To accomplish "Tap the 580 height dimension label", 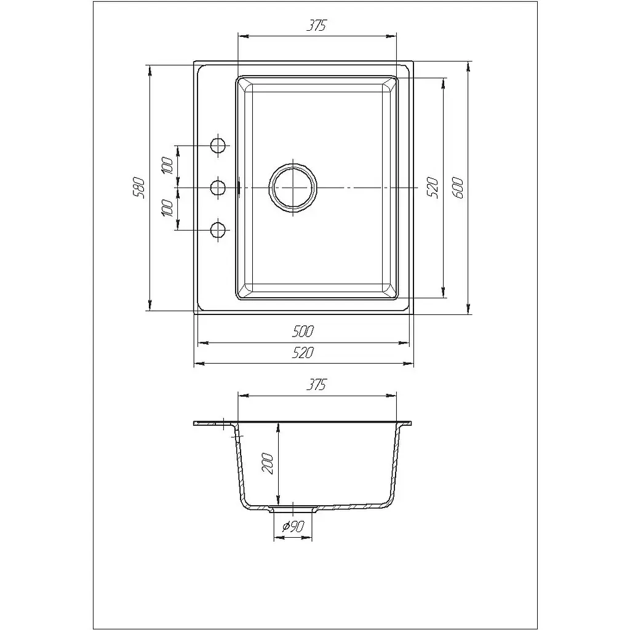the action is [138, 187].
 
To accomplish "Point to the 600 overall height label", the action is [458, 188].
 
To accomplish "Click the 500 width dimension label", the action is [303, 332].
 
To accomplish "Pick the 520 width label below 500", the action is [303, 353].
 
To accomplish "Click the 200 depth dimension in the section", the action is [268, 463].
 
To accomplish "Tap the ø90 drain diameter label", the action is [293, 526].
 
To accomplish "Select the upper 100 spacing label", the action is [167, 166].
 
